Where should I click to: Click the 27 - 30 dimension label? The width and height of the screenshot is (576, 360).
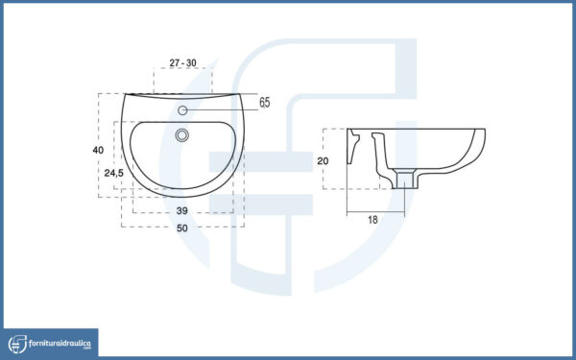click(182, 62)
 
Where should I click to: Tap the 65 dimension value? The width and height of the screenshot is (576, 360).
click(265, 103)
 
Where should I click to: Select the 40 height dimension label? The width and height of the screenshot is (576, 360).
click(98, 150)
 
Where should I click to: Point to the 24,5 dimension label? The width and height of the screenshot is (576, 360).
click(114, 173)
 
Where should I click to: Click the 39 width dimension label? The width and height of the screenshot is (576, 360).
click(181, 211)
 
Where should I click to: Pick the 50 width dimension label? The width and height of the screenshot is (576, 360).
click(182, 228)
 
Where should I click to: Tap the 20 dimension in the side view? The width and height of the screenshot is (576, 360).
click(323, 161)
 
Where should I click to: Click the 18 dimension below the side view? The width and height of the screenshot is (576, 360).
click(372, 220)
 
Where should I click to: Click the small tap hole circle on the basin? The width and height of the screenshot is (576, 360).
click(182, 110)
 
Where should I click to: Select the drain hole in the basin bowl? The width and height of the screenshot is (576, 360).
click(182, 135)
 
